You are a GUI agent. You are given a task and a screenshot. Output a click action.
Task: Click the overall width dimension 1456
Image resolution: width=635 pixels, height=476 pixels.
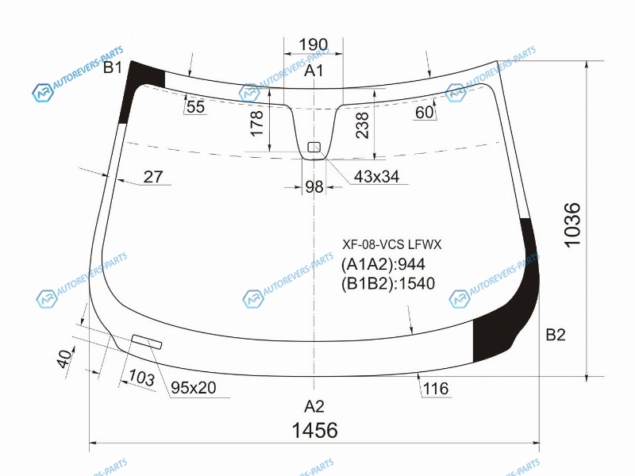pos(314,430)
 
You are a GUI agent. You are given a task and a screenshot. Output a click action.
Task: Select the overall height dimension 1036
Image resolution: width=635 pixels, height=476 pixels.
pos(572,225)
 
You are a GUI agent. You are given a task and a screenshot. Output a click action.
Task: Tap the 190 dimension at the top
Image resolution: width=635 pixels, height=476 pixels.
pos(313,44)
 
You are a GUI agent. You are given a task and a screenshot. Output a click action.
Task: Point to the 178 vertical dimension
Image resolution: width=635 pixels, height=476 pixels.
pos(256,123)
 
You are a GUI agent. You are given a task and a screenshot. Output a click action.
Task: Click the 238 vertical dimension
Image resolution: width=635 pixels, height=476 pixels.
pos(362,125)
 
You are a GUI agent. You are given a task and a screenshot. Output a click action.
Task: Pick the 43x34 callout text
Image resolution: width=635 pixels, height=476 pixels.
pos(376,176)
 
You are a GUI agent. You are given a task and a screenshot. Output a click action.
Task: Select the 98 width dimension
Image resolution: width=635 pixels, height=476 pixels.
pos(314,186)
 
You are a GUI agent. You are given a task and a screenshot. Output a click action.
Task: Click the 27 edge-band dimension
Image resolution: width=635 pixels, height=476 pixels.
pos(153,177)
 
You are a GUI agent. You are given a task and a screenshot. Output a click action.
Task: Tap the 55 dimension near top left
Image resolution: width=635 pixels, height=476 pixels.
pos(195,107)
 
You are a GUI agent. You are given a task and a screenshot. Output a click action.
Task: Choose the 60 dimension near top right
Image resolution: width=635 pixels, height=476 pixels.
pos(425,112)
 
